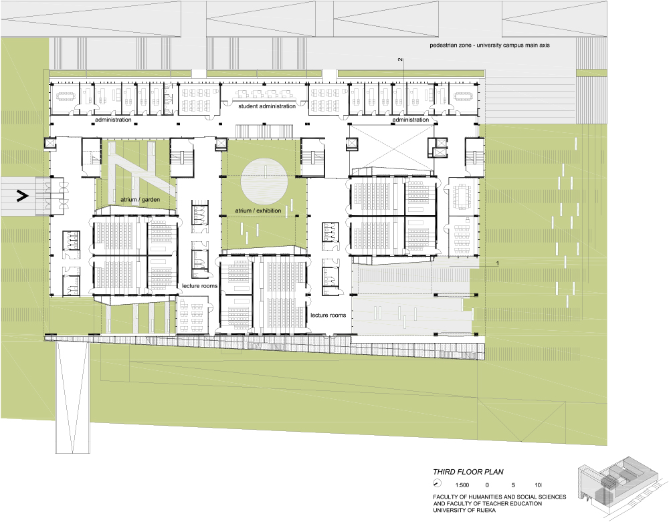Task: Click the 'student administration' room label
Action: [267, 106]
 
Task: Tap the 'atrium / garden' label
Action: [140, 199]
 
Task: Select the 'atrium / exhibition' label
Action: [258, 211]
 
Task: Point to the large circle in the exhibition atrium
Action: [264, 180]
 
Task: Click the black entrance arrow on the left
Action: [22, 196]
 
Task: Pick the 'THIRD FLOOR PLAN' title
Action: [468, 472]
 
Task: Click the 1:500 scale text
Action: [462, 485]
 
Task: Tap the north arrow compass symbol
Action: [437, 484]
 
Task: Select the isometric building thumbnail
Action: [622, 481]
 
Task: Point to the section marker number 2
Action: [400, 59]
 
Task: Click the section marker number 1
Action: [497, 264]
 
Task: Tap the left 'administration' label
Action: [113, 120]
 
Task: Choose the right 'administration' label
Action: [411, 120]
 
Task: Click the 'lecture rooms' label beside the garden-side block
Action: [199, 286]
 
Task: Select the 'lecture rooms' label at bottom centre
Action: [328, 315]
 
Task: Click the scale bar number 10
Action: [538, 485]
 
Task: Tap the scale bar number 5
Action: [513, 485]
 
